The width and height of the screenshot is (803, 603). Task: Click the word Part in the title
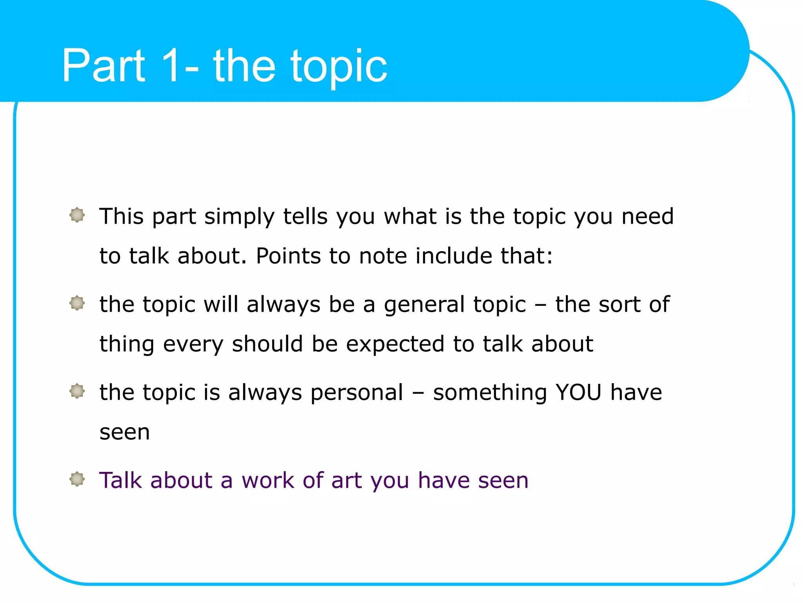[x=104, y=66]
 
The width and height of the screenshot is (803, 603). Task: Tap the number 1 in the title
[x=170, y=66]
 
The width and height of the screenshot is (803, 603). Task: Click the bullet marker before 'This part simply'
[x=77, y=215]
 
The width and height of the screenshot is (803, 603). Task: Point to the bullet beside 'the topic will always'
[x=77, y=303]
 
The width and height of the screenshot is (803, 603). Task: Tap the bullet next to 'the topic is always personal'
[x=77, y=391]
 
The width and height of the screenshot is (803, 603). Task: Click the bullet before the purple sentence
[x=77, y=479]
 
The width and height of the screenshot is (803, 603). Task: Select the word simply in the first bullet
[x=239, y=217]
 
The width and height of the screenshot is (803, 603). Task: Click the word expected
[x=395, y=344]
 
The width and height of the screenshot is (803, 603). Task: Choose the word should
[x=267, y=344]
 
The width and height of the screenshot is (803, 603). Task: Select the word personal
[x=357, y=393]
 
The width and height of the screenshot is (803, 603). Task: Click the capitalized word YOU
[x=578, y=393]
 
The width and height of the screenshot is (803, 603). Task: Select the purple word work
[x=268, y=480]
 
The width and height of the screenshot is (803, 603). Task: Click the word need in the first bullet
[x=648, y=216]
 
